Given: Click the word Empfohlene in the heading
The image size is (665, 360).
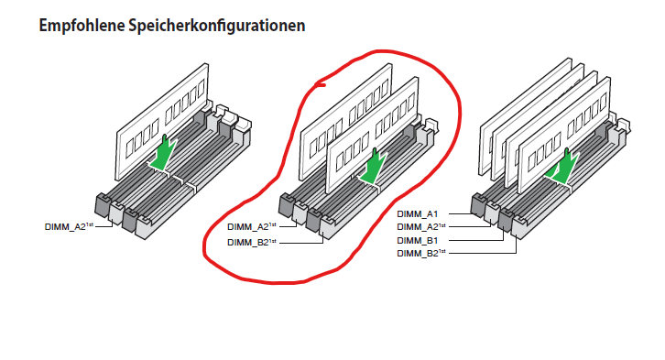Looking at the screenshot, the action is [82, 26].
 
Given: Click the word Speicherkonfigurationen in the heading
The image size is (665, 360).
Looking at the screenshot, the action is [217, 26].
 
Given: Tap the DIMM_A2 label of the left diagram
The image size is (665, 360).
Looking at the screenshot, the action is [69, 226].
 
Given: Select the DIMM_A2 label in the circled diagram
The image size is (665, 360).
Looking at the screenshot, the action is [252, 226].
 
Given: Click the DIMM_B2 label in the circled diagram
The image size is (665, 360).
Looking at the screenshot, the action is [252, 242].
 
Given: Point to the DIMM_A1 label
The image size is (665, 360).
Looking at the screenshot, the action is [418, 214].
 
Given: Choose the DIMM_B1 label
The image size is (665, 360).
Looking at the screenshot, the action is [418, 240].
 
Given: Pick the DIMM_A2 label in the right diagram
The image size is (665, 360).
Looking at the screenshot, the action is [421, 227].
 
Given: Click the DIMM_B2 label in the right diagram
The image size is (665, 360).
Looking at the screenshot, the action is [421, 253].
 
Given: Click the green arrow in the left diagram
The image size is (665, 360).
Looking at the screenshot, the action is [164, 155].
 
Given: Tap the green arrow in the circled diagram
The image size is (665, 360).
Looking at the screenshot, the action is [373, 168].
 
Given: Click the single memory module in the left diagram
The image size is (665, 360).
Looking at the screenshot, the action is [161, 123].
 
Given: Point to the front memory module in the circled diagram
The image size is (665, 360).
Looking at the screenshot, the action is [371, 136].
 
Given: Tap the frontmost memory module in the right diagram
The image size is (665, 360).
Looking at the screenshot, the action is [564, 136].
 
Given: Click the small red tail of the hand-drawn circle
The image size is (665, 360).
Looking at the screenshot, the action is [320, 85].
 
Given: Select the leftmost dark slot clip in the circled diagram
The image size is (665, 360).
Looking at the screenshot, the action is [286, 205].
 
